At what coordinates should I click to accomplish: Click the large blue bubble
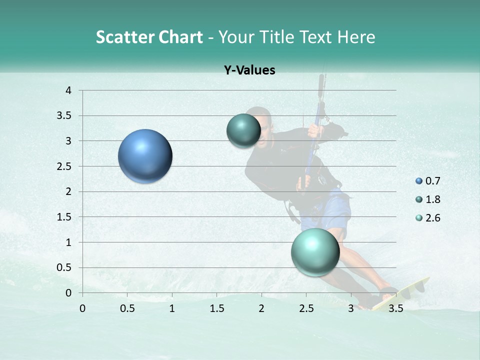point(145,156)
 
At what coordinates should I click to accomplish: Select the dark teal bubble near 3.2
point(243,130)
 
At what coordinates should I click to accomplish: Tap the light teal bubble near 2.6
point(315,252)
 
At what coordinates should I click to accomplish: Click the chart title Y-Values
point(249,70)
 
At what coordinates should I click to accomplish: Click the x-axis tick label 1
point(172,308)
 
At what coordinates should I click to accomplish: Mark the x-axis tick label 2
point(261,308)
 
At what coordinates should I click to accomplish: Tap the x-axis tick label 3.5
point(395,308)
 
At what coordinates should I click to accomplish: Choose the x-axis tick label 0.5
point(127,308)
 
